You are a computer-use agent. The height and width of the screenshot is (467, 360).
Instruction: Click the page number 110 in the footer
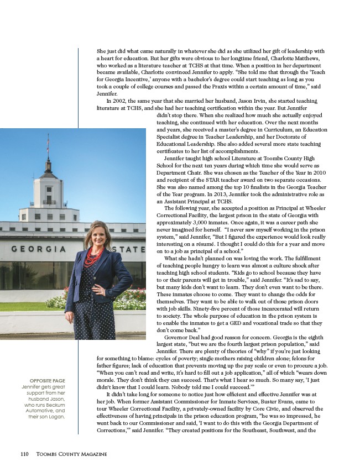pyautogui.click(x=24, y=454)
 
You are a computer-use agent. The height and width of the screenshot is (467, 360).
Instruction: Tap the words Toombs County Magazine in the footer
pyautogui.click(x=71, y=454)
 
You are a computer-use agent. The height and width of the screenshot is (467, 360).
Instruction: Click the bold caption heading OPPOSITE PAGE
pyautogui.click(x=48, y=380)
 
